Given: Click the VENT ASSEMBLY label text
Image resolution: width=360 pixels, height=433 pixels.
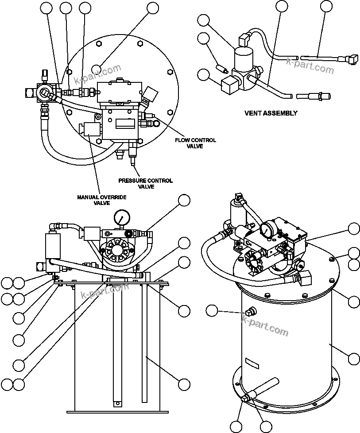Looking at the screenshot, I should (x=271, y=113).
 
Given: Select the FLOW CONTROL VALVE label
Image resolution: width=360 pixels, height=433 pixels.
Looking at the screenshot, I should (x=195, y=143).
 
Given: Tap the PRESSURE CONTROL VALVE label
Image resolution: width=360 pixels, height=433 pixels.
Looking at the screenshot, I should (x=145, y=183).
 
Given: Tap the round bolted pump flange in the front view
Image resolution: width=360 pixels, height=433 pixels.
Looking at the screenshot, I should (x=117, y=251).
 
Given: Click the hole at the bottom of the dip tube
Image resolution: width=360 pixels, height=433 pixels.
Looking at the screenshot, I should (x=117, y=403).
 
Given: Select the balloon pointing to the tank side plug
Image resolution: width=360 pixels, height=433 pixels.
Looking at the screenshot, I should (x=213, y=311).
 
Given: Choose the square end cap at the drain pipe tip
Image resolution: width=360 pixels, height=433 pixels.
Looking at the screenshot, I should (x=244, y=399).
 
